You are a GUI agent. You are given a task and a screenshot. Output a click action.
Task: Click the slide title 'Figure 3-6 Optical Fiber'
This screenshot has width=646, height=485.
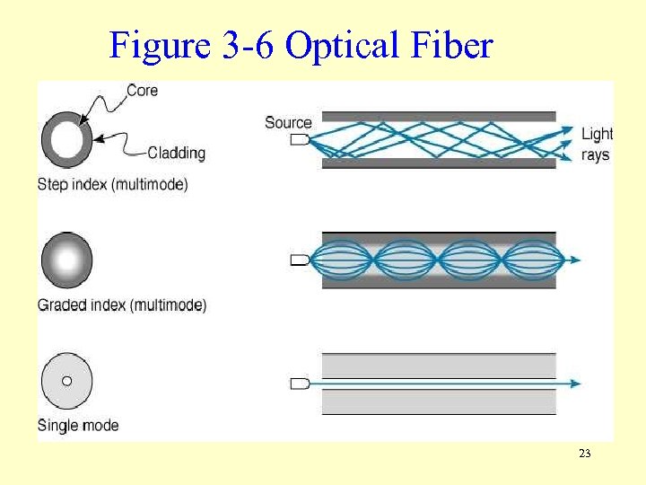pos(301,44)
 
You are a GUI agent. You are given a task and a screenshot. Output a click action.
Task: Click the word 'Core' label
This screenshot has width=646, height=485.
pos(143,90)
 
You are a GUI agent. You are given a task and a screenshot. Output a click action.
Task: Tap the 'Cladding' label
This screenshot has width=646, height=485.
pos(176,153)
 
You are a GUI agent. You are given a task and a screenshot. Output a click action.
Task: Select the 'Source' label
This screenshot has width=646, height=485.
pos(288,123)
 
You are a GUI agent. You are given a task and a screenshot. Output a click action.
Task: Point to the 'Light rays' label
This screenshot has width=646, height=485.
pos(597,144)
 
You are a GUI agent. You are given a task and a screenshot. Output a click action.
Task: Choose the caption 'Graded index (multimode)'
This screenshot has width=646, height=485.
pos(122,305)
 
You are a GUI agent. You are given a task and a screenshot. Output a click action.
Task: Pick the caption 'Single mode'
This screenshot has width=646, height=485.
pos(78,425)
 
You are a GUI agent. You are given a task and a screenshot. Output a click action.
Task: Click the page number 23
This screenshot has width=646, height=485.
pos(585,454)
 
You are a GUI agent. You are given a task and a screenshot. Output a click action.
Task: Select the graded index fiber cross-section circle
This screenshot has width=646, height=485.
pos(66,260)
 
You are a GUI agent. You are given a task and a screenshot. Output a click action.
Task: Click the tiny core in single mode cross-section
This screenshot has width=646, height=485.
pos(66,381)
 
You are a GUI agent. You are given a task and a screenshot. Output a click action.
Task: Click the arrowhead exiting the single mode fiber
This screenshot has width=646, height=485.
pos(574,384)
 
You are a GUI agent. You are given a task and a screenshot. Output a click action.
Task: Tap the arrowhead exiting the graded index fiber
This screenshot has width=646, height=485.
pos(574,260)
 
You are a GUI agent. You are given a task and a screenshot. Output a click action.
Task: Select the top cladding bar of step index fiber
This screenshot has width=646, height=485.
pos(439,117)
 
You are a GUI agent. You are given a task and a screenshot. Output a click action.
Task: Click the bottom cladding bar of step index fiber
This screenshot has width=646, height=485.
pos(439,163)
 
